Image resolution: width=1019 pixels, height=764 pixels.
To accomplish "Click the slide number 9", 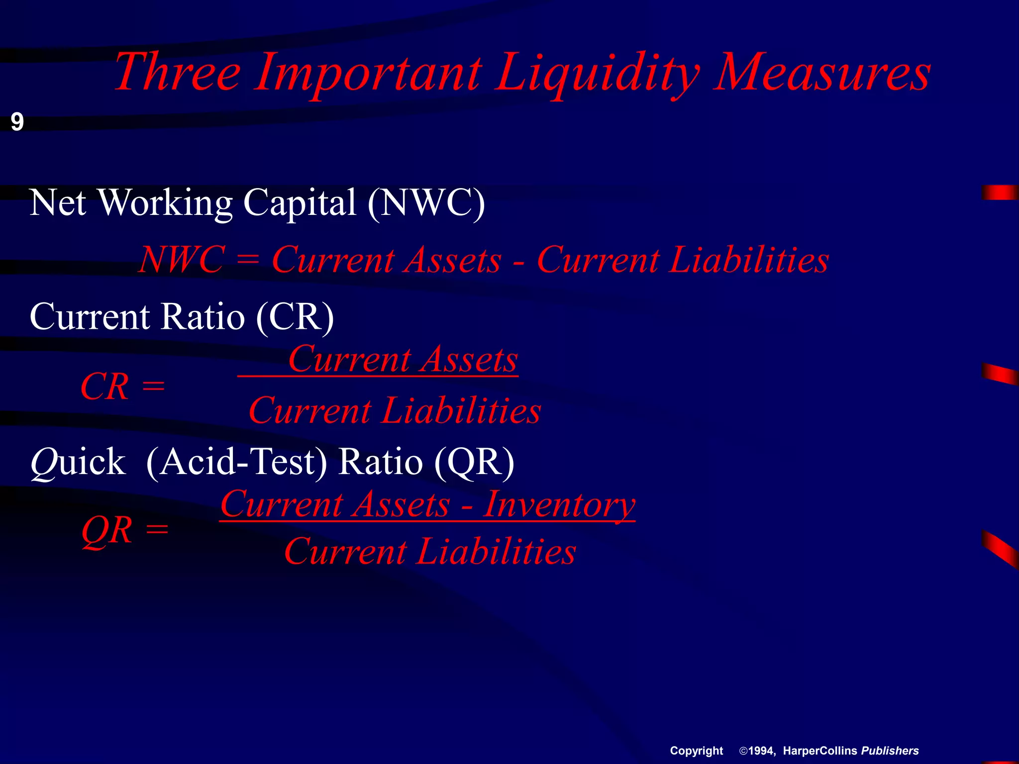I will (17, 122).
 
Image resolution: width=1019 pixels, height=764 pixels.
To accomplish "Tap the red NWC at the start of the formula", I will (182, 260).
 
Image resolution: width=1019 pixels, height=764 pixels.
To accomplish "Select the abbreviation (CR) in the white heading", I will (295, 316).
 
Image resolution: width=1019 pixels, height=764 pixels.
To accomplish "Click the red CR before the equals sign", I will (105, 387).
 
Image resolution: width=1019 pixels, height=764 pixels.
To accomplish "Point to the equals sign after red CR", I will (153, 386).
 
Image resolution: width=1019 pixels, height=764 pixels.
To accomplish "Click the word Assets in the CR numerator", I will (468, 359).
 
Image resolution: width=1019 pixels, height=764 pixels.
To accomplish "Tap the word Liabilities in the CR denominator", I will (461, 411).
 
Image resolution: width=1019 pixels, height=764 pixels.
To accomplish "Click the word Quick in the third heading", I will (78, 462).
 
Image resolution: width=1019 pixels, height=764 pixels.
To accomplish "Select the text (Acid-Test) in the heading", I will (237, 462).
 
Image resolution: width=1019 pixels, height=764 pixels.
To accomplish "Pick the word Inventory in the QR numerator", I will (559, 504).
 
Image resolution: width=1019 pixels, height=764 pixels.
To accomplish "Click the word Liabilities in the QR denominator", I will (496, 552).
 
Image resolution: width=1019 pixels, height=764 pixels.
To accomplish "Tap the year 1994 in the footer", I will (762, 751).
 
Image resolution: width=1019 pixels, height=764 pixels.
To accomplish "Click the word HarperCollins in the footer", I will (820, 751).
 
